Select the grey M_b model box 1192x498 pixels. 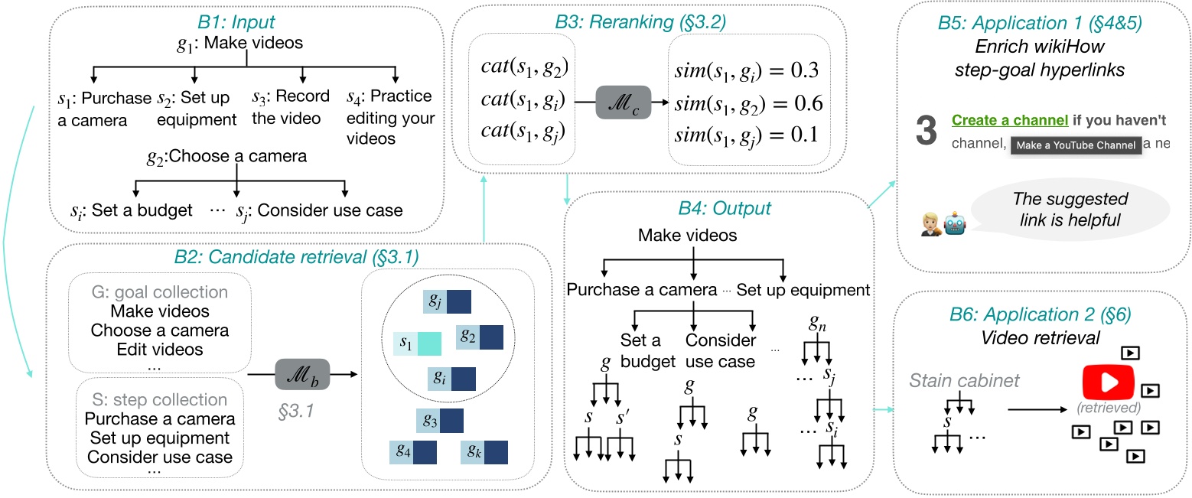[x=303, y=375]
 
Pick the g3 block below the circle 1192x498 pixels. [x=440, y=421]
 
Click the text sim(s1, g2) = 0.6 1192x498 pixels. [x=748, y=104]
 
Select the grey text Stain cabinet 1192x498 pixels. [x=965, y=380]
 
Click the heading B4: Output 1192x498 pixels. [x=719, y=208]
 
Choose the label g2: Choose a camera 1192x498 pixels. [x=227, y=157]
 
